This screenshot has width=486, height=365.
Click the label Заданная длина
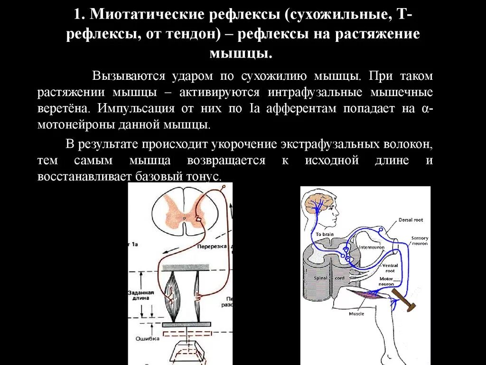pos(140,295)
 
